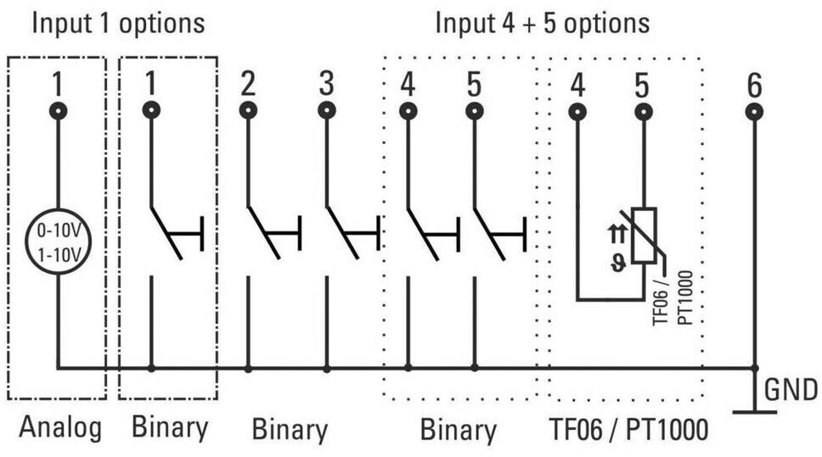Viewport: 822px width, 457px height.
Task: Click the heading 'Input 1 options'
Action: point(118,23)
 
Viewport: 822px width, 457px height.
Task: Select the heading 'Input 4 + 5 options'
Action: point(543,23)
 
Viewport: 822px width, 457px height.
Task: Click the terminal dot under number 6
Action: point(754,111)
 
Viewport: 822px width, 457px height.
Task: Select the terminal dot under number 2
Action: point(247,110)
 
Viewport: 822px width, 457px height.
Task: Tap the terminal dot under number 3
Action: point(327,110)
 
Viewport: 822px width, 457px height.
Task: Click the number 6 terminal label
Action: point(754,85)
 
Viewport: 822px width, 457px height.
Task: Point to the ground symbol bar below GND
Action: point(754,413)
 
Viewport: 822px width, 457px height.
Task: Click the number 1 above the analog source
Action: point(58,85)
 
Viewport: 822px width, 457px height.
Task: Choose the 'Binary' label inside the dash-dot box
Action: point(170,428)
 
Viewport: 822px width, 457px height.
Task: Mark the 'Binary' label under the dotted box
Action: point(459,430)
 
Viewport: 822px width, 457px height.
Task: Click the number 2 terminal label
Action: point(247,85)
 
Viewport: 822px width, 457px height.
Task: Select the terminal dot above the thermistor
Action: point(644,111)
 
